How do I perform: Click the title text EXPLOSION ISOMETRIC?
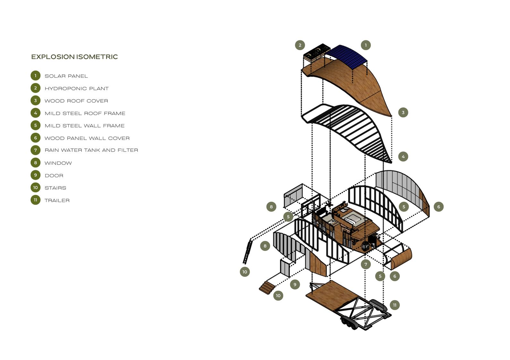click(74, 57)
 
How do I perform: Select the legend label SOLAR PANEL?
click(66, 76)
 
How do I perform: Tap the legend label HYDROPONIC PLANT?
click(77, 88)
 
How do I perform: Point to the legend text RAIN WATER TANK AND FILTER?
click(91, 150)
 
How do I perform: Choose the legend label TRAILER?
click(57, 200)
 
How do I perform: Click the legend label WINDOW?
click(58, 163)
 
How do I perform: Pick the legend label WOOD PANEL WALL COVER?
click(87, 138)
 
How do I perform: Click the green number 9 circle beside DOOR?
click(36, 175)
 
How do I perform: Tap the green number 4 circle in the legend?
click(36, 113)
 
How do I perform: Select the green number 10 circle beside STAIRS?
click(36, 188)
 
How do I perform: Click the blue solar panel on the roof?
click(348, 56)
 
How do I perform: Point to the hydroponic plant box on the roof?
click(317, 53)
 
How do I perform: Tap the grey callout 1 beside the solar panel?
click(366, 45)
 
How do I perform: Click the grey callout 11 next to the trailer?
click(395, 305)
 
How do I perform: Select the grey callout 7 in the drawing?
click(366, 264)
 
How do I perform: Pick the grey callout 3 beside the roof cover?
click(403, 113)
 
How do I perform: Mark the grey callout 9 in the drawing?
click(295, 284)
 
